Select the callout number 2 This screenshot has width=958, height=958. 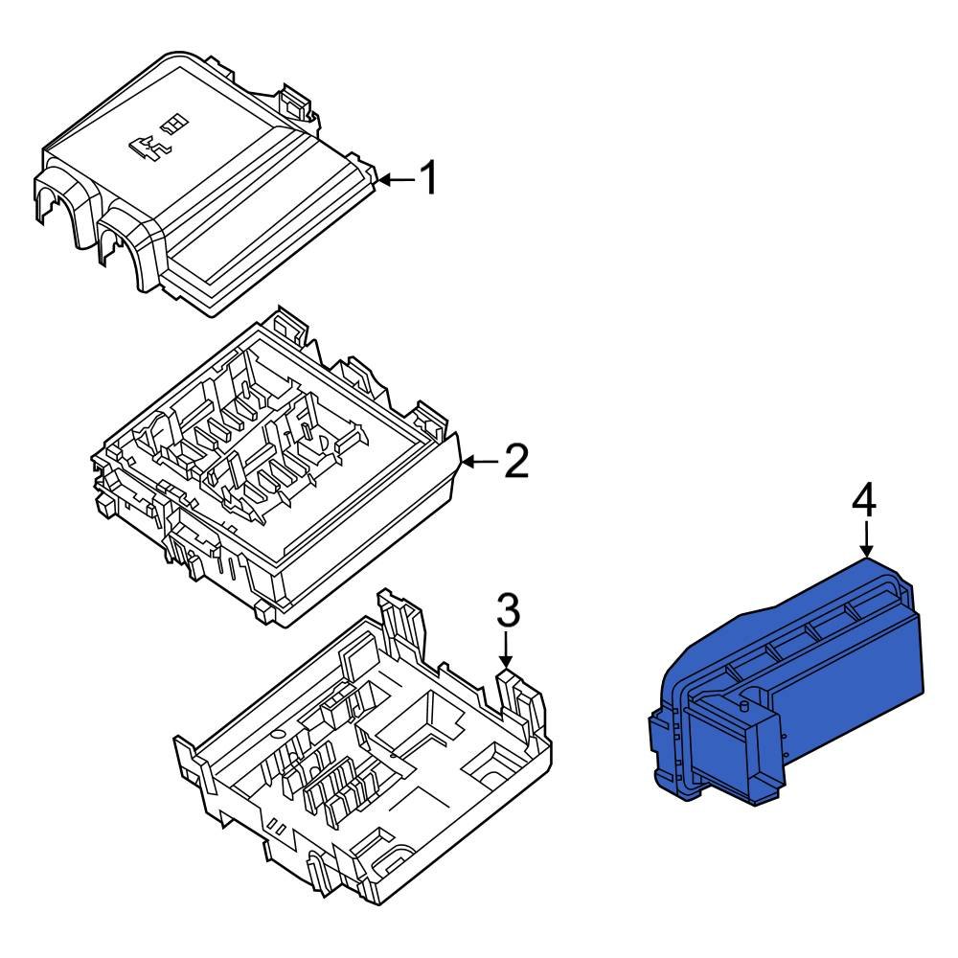tap(515, 463)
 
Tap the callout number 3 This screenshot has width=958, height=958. tap(507, 610)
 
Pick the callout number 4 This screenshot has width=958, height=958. tap(864, 501)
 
